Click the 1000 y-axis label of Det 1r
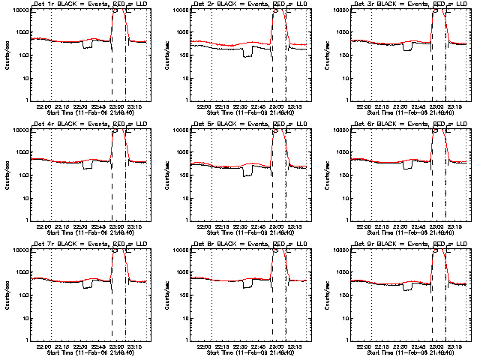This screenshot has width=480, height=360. [20, 32]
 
